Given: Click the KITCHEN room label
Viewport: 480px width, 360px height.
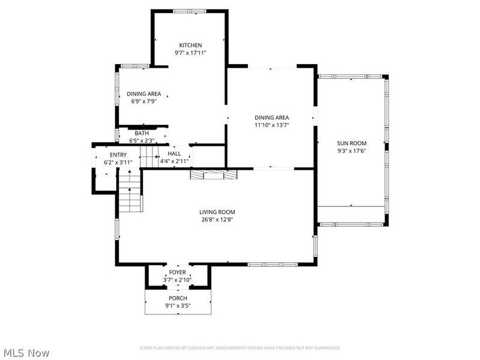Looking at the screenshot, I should (x=191, y=45).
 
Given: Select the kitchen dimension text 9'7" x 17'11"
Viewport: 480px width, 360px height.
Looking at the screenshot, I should (x=191, y=53).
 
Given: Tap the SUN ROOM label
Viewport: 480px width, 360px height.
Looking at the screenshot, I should (x=352, y=143).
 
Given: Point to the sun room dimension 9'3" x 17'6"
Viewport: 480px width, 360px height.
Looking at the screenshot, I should (x=352, y=151).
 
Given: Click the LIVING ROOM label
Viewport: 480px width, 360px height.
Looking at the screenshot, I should (x=217, y=212).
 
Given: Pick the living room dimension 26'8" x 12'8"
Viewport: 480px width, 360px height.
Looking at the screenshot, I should (x=217, y=220).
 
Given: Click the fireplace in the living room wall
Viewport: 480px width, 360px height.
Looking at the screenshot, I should (x=214, y=174).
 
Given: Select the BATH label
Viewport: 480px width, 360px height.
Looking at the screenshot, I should (x=142, y=133).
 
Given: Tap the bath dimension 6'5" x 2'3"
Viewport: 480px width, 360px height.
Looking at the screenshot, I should (x=142, y=140).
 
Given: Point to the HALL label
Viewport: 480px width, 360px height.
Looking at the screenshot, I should (x=175, y=154).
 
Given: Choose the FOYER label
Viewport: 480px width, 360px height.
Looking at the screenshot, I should (x=177, y=272).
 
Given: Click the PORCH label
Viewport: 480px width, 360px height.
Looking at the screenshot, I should (x=178, y=298).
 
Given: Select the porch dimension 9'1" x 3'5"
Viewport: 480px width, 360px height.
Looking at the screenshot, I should (x=178, y=306).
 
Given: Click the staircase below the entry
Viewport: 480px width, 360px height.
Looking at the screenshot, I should (x=130, y=190).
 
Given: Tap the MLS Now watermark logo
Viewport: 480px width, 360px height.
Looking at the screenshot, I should (x=27, y=353).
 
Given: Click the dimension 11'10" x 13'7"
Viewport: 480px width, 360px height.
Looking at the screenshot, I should (x=272, y=125).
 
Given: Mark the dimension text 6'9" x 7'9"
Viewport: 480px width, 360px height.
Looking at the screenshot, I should (x=143, y=101).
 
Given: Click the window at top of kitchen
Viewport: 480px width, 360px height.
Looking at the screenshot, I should (x=190, y=10).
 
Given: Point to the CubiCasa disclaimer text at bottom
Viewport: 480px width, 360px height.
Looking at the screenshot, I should (x=240, y=348).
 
